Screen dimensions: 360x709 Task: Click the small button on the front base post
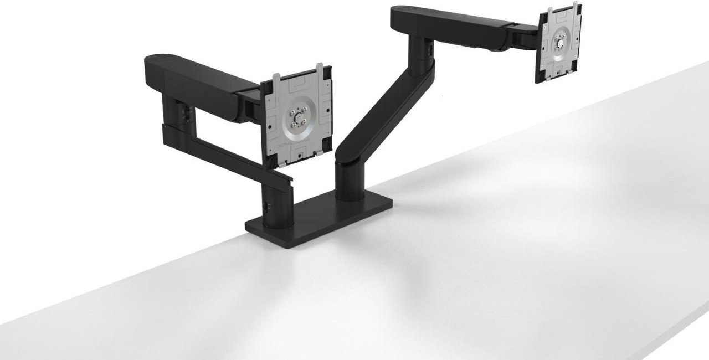coord(267,205)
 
